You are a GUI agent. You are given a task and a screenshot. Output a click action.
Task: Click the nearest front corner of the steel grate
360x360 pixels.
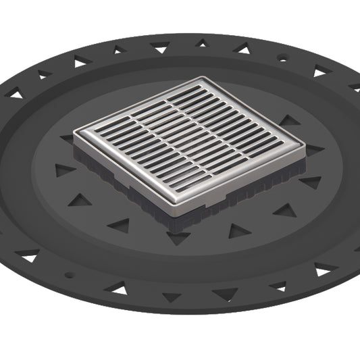coord(183,211)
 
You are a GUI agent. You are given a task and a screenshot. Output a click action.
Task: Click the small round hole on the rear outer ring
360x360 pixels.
coord(282,59)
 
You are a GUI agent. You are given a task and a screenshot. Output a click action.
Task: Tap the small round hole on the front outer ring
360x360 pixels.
coord(68,275)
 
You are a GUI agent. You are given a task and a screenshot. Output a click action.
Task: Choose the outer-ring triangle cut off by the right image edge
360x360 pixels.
coord(355,87)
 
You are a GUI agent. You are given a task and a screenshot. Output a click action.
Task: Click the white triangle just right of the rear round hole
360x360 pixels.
coord(320,71)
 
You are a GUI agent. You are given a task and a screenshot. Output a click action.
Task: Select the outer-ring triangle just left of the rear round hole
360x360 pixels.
coord(240,49)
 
